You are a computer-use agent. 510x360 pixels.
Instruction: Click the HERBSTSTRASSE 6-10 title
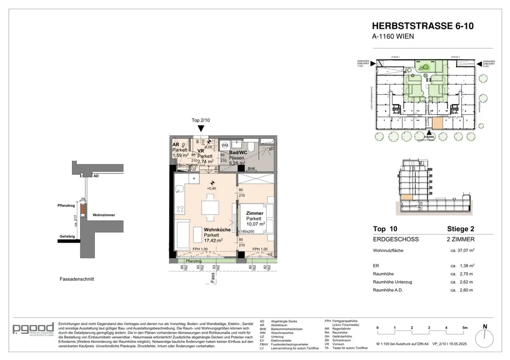point(422,26)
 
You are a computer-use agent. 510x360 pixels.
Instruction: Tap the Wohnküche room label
point(217,230)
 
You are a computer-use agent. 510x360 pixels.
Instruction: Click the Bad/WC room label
point(238,153)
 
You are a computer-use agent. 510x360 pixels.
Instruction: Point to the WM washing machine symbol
point(225,145)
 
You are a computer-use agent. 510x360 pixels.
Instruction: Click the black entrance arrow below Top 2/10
point(201,128)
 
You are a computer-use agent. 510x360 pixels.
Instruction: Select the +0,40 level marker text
point(212,188)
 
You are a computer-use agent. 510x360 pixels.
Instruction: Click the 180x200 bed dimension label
point(247,231)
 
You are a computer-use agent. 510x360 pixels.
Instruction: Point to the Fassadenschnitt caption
point(77,279)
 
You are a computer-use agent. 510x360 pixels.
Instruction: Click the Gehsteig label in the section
point(67,237)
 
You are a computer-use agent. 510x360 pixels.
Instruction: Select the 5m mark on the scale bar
point(465,328)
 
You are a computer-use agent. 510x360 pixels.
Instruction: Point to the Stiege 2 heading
point(461,229)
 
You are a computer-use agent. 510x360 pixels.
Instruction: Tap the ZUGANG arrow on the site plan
point(429,133)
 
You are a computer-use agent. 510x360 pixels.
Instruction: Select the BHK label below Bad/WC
point(251,169)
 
